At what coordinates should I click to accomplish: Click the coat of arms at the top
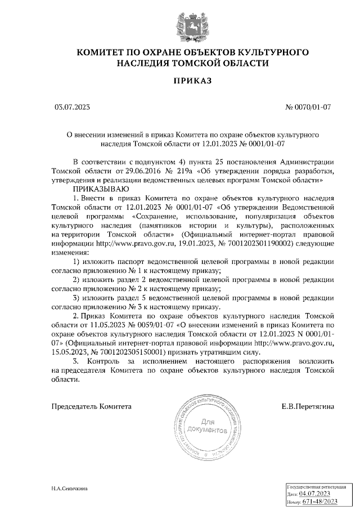pos(179,21)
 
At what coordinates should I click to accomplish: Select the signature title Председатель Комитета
pos(92,405)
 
